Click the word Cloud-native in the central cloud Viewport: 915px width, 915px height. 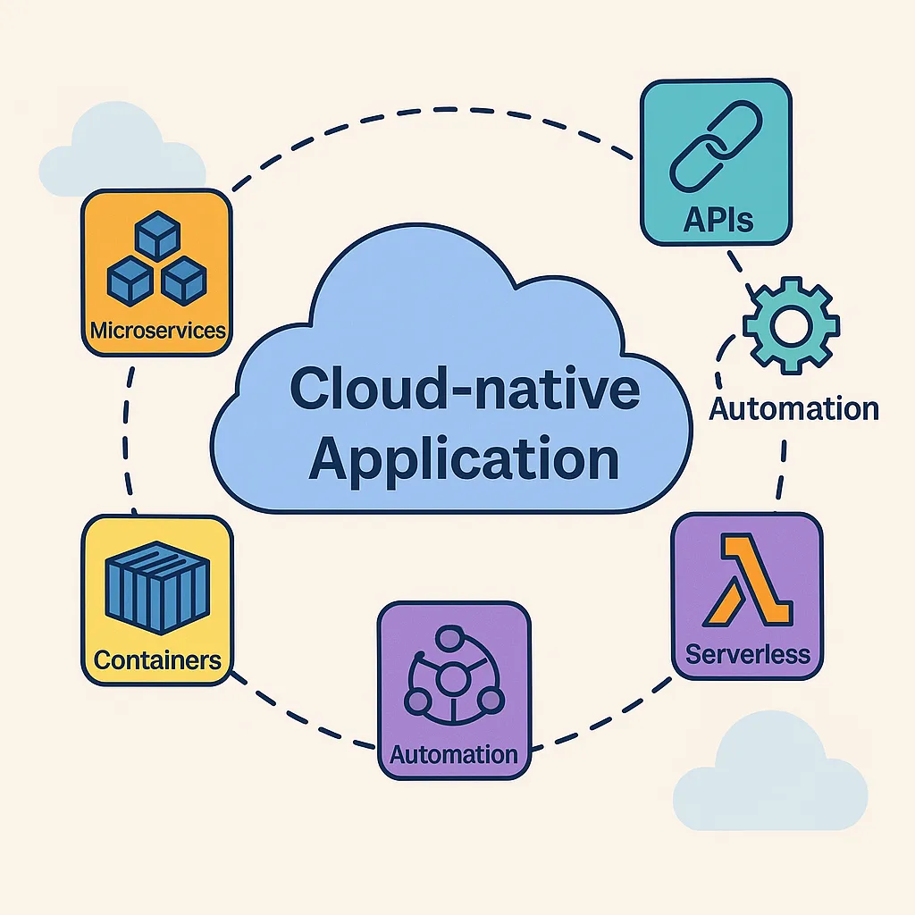[465, 390]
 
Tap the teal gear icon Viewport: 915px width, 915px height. [790, 327]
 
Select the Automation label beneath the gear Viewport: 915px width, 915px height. [793, 408]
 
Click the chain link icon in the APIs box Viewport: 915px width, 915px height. [714, 148]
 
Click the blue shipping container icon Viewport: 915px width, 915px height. [156, 584]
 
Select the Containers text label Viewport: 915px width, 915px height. [156, 660]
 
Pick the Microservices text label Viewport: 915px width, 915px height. [157, 330]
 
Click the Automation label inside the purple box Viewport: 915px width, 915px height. [454, 753]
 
